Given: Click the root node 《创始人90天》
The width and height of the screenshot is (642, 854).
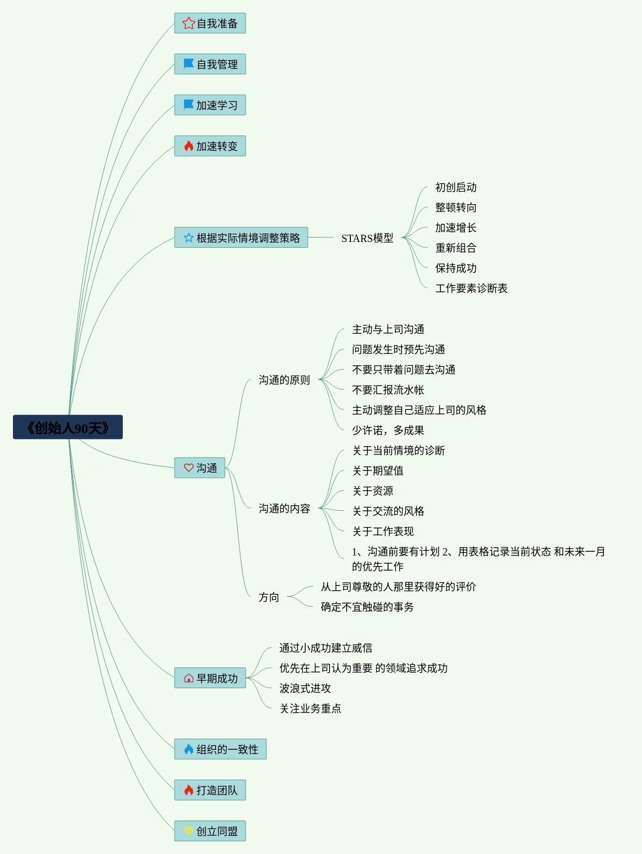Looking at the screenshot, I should tap(68, 428).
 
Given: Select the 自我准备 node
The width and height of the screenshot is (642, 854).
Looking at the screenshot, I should tap(210, 23).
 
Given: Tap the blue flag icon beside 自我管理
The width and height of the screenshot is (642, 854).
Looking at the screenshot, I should tap(189, 64).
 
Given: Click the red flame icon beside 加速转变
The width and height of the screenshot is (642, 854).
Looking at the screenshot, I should tap(189, 146).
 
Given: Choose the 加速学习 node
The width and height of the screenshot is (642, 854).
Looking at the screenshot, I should tap(210, 105).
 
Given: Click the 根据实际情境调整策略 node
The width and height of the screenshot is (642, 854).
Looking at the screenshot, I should tap(241, 238).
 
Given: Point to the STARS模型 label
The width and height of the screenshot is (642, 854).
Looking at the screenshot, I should tap(367, 238).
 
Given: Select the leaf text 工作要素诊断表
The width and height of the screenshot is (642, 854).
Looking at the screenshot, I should tap(471, 288).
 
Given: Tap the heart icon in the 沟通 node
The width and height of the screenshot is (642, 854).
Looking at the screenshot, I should tap(189, 467).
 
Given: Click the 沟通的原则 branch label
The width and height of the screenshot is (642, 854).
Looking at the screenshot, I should tap(284, 380).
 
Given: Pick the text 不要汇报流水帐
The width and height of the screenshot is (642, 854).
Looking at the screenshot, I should tap(388, 390).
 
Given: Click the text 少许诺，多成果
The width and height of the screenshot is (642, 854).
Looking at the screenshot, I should tap(388, 430).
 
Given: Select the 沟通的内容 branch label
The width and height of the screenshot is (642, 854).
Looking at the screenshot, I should tap(284, 508).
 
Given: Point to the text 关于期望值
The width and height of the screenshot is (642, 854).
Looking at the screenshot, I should tap(378, 471).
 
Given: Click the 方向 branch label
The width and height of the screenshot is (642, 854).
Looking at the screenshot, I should tap(268, 597).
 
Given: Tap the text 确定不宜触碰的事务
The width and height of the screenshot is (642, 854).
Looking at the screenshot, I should tap(367, 607).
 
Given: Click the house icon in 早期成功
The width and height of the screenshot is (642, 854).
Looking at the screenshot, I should tap(189, 678).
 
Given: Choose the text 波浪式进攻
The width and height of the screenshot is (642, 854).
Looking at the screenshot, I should tap(305, 688).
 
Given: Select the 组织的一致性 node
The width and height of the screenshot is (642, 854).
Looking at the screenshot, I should tap(220, 749).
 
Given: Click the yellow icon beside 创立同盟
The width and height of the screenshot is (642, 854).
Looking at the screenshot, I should tap(189, 831).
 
